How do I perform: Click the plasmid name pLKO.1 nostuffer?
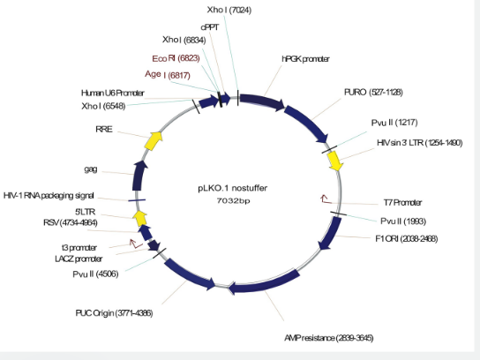click(232, 188)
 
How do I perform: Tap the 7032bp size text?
click(233, 201)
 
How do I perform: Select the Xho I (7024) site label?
click(229, 10)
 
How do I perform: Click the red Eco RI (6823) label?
click(176, 58)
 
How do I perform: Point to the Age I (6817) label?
click(168, 75)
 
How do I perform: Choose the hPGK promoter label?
click(305, 59)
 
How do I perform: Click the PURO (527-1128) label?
click(373, 92)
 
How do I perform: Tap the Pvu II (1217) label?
click(394, 123)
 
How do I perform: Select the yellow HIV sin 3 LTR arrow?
click(335, 161)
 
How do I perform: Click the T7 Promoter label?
click(402, 203)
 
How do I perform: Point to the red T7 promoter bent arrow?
click(326, 199)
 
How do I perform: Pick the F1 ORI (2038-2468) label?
click(407, 238)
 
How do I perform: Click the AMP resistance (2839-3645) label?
click(329, 338)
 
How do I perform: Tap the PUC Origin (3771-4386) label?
click(114, 313)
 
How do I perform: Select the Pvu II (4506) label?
click(95, 274)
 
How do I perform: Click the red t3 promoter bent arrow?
click(136, 244)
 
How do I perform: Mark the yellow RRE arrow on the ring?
click(153, 140)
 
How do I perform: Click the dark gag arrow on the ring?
click(139, 176)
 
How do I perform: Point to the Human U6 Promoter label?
click(113, 93)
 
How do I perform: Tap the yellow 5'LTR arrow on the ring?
click(140, 218)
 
